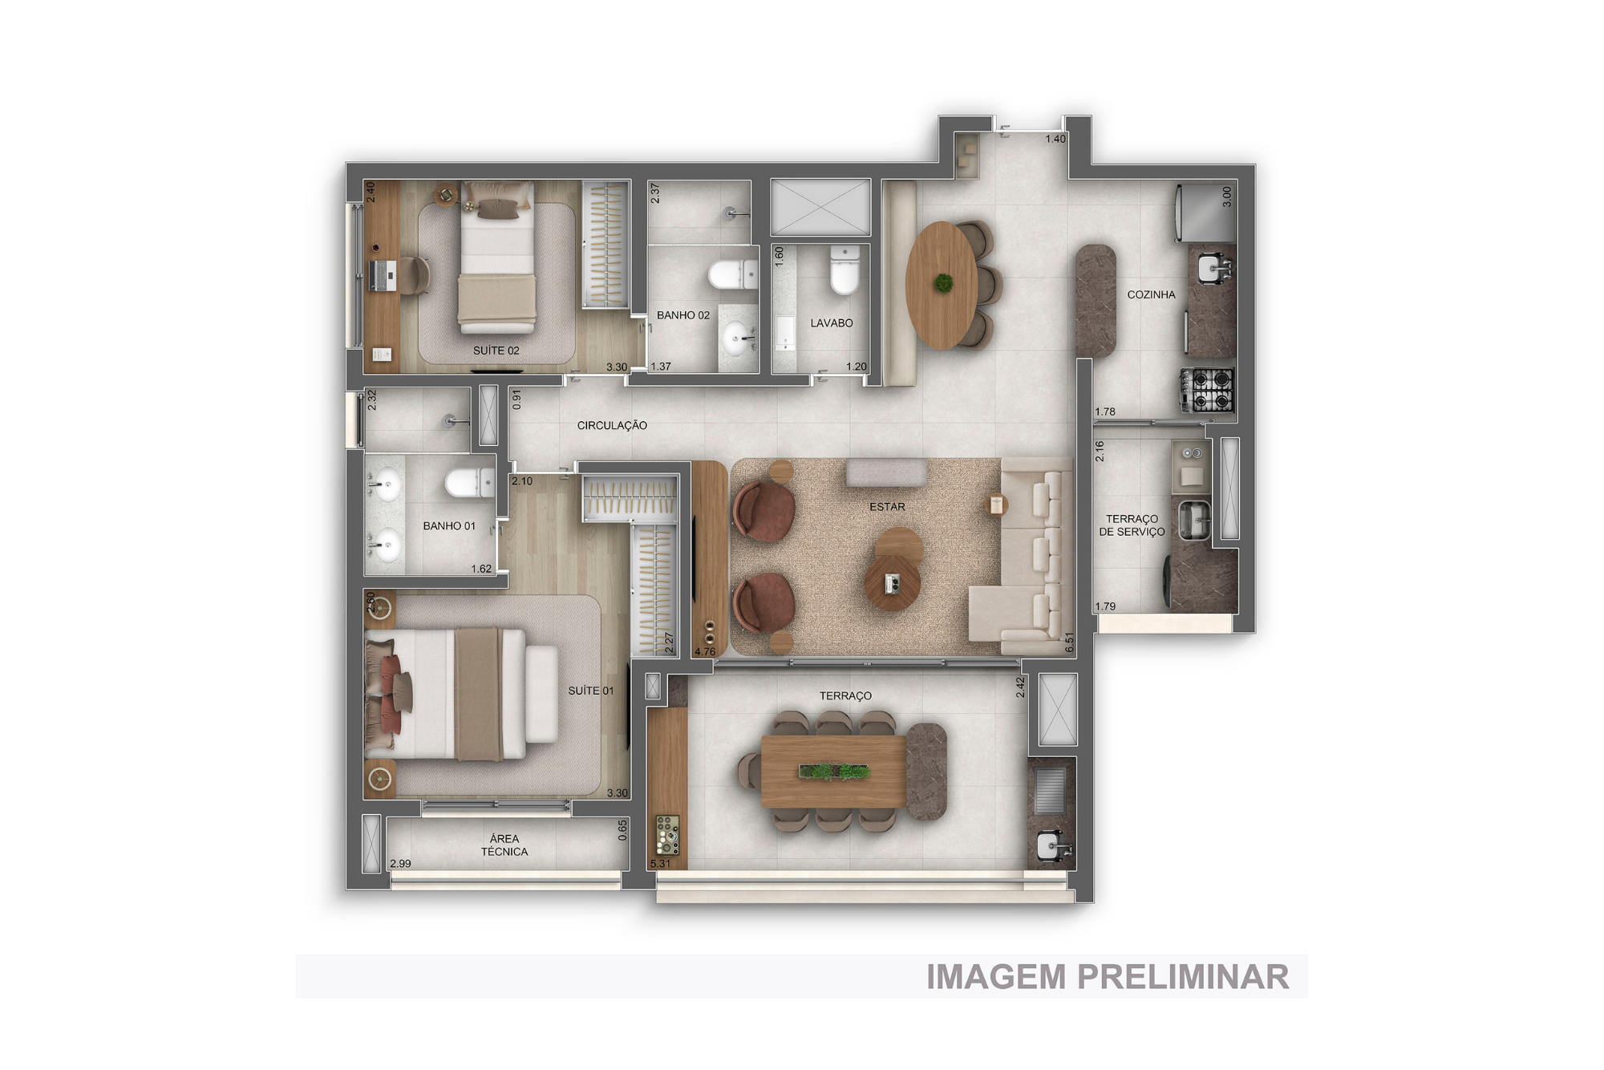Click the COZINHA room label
1151,295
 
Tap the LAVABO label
832,323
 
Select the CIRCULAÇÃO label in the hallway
612,425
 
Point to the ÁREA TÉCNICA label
504,845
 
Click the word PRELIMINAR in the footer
1183,977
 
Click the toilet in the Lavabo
845,270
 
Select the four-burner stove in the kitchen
1207,390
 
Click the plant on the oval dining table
943,282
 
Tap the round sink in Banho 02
737,338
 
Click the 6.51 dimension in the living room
1069,642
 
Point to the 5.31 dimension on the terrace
661,864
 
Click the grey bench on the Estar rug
886,472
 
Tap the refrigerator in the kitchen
1205,213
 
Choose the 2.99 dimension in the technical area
400,864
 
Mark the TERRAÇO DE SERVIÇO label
1132,525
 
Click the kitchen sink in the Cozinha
1211,268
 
